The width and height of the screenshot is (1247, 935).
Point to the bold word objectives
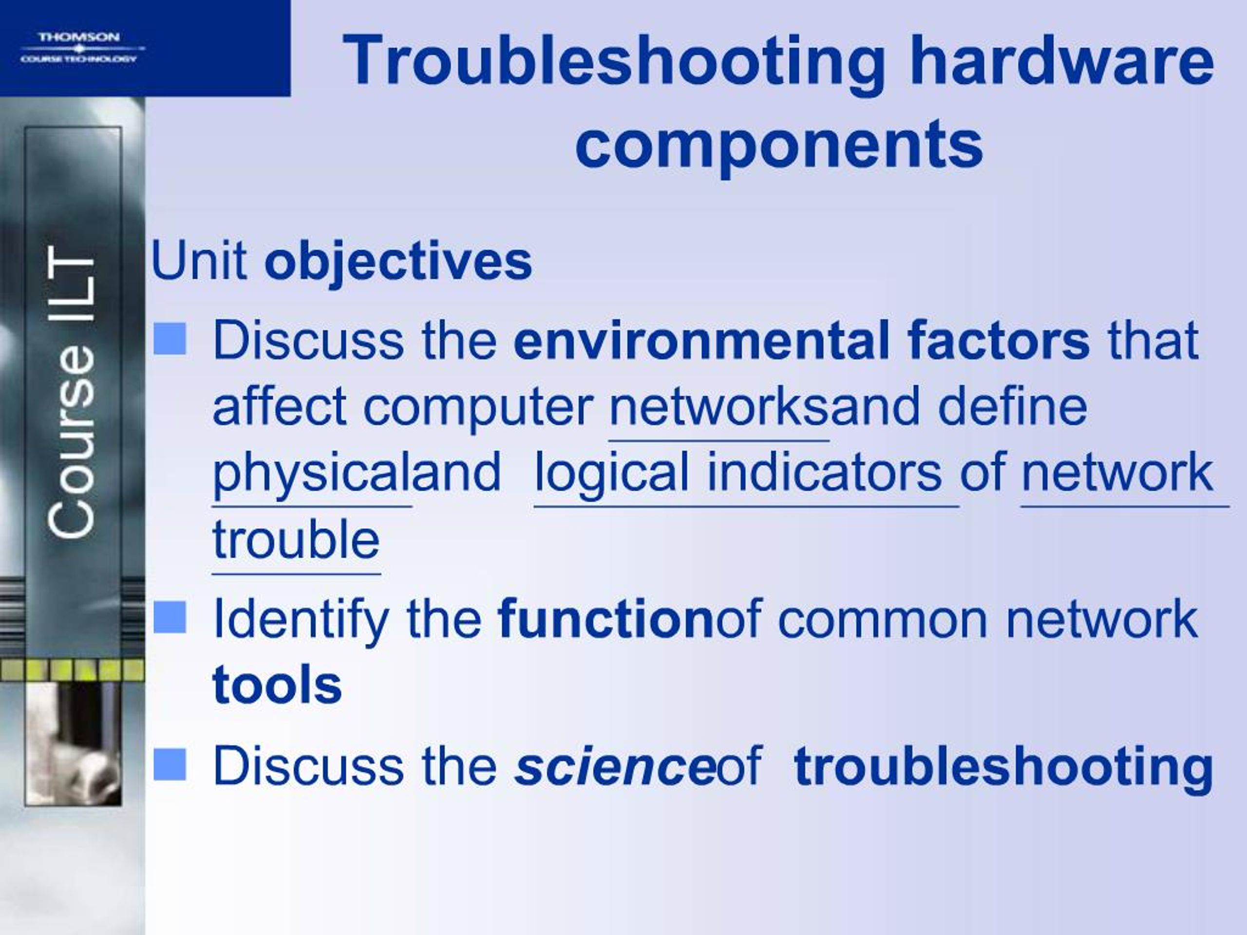(398, 262)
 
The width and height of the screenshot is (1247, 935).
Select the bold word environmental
(700, 340)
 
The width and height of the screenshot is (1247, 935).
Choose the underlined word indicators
(824, 472)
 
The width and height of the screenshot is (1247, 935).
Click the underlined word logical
(612, 473)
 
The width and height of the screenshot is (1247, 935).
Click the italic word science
(614, 766)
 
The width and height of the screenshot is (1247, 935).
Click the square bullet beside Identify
(170, 617)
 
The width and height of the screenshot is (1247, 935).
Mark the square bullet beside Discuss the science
(170, 765)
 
